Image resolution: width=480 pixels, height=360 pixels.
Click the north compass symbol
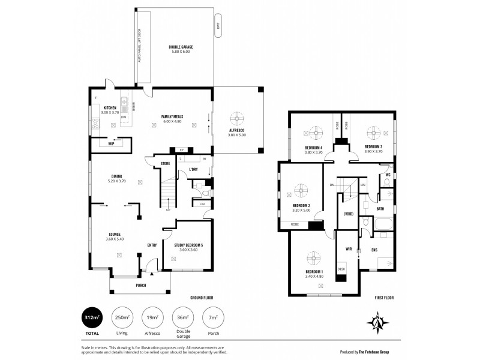378,322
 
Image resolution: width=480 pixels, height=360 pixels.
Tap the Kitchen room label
109,108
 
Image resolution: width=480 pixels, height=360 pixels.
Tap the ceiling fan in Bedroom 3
373,132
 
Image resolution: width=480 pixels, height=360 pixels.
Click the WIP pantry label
111,144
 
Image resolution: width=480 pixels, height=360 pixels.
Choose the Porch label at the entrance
141,286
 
